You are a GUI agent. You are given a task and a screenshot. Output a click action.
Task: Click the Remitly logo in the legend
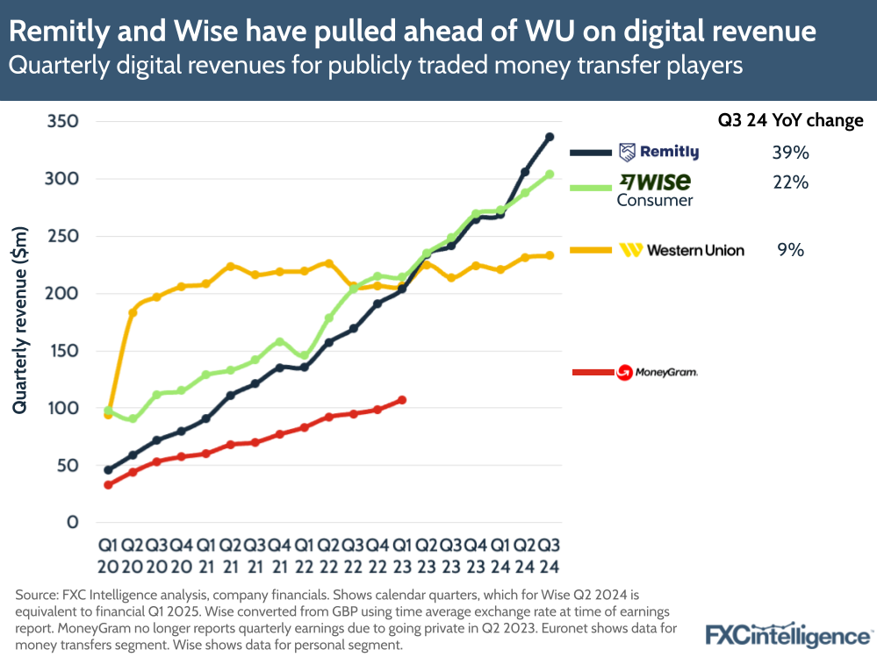click(x=658, y=153)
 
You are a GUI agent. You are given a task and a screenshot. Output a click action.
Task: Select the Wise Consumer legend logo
click(x=655, y=189)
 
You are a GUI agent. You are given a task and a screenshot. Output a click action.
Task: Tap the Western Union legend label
click(x=681, y=250)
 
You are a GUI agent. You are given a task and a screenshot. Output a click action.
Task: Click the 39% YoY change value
click(x=789, y=153)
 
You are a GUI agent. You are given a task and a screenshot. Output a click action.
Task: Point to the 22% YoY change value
click(x=789, y=182)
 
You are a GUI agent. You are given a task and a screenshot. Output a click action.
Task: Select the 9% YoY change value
click(x=790, y=250)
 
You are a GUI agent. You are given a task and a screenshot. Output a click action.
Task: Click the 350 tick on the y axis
click(x=61, y=122)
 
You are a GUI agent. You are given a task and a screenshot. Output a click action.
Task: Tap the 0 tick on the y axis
click(x=73, y=523)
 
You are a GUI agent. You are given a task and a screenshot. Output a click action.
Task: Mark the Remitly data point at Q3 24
click(x=550, y=137)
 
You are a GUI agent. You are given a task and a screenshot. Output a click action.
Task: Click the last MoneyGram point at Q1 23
click(x=402, y=400)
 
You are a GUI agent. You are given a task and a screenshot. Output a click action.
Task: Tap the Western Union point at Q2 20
click(x=133, y=312)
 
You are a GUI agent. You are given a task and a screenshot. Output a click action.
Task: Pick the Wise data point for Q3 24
click(x=550, y=175)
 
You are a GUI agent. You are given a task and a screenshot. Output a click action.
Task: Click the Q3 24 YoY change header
click(x=786, y=121)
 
